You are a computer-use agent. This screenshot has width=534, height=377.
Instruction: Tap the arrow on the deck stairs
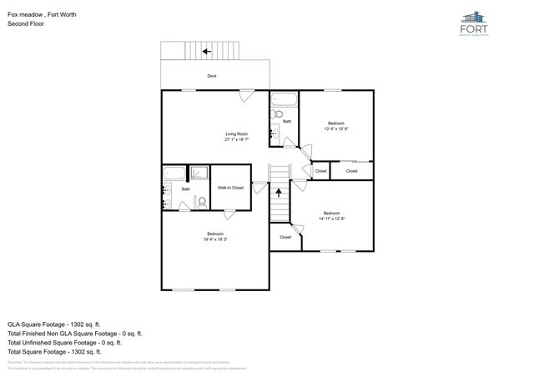coord(205,52)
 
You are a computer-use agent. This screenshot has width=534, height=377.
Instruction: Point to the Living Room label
coord(236,134)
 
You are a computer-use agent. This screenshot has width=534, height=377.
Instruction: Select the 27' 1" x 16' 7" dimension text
coord(236,140)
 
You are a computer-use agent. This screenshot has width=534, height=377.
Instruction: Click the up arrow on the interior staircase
coord(279,193)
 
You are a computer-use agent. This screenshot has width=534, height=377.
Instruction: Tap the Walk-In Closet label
coord(230,188)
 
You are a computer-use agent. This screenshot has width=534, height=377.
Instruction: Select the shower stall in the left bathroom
coord(199,173)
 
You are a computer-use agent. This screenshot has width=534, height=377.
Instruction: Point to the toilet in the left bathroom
coord(202,201)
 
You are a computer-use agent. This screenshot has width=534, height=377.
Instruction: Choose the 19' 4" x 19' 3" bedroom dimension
coord(215,239)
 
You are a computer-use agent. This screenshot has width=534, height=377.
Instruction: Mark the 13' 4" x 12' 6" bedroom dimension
coord(336,128)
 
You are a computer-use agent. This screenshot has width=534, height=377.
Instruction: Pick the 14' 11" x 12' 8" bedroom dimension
coord(331,219)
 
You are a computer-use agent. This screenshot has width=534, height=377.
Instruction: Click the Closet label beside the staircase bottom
coord(285,237)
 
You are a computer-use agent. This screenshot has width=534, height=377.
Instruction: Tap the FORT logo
coord(475,23)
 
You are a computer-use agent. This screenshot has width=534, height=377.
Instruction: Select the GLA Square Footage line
coord(54,324)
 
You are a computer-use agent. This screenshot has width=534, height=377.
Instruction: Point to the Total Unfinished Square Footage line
coord(64,342)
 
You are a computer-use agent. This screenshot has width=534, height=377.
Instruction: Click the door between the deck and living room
coord(247,93)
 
